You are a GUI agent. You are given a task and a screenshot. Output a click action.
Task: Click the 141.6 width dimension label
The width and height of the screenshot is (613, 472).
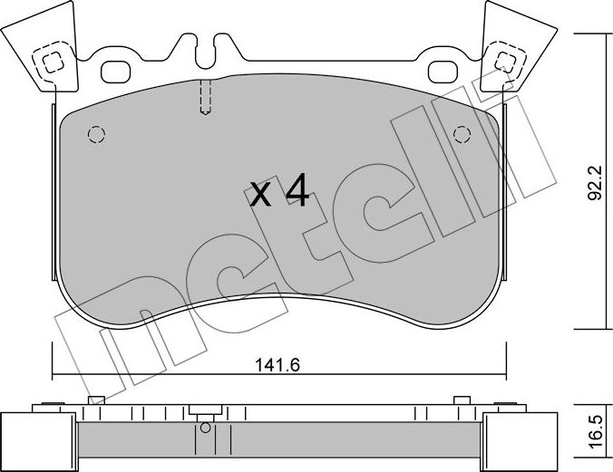(x=277, y=365)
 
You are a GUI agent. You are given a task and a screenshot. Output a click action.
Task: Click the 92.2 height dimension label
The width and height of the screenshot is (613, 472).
(x=596, y=182)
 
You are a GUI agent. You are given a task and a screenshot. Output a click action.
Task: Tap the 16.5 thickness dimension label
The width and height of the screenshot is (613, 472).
(x=596, y=432)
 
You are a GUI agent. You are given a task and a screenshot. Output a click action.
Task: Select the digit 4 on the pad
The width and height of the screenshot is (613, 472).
(x=298, y=190)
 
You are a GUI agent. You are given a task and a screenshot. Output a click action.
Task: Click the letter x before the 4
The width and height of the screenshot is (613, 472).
(x=260, y=194)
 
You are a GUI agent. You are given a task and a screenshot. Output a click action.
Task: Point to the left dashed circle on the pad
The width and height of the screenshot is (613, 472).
(x=96, y=135)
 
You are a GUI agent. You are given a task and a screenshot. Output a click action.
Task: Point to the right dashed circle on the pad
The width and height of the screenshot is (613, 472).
(x=462, y=135)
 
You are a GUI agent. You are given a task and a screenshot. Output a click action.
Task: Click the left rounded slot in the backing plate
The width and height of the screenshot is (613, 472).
(x=116, y=72)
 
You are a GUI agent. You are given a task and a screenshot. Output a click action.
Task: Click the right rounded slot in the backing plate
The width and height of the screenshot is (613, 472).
(x=443, y=72)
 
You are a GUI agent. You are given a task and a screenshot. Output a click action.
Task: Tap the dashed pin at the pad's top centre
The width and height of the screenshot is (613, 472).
(x=205, y=97)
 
